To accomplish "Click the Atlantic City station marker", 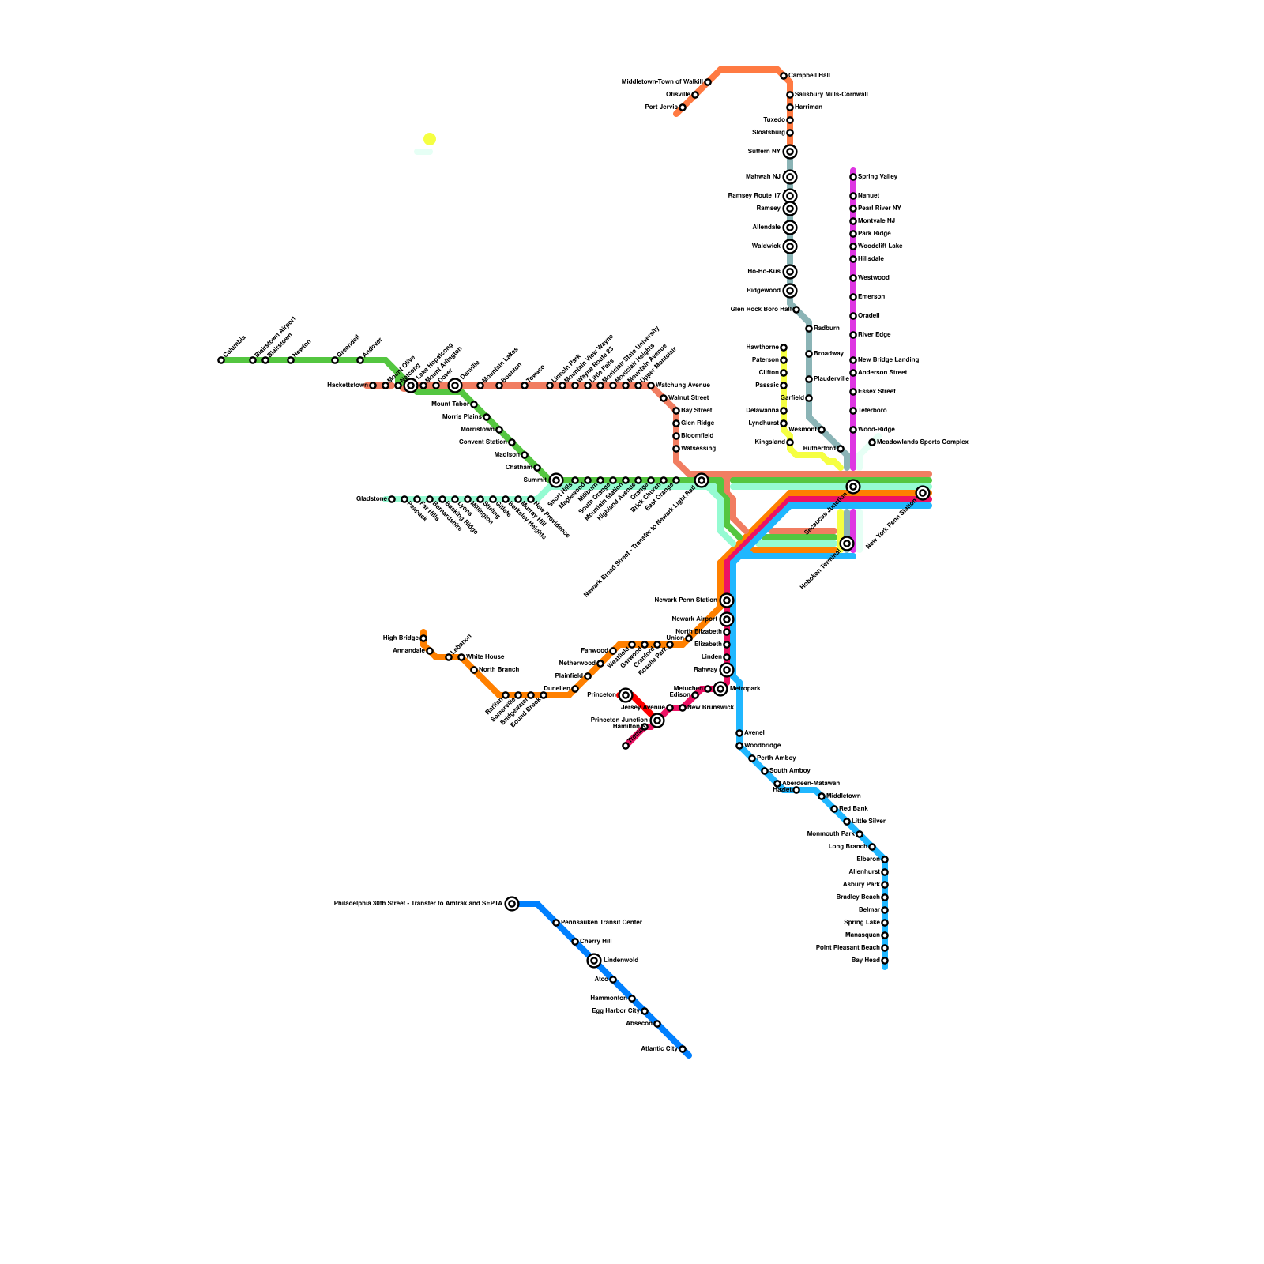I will [683, 1049].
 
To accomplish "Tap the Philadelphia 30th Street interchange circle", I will [512, 904].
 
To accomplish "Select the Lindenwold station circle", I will [594, 961].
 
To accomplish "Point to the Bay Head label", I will [866, 961].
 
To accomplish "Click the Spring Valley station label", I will [878, 177].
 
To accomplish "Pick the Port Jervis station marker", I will [683, 107].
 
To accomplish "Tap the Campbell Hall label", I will [809, 76].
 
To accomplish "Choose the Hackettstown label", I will [347, 386].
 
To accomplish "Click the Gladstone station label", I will [370, 499].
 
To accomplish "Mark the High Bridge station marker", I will [423, 638].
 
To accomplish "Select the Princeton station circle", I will [626, 695].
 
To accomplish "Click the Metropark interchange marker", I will [720, 689].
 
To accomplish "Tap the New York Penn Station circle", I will [923, 493].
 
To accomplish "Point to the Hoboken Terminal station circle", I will [847, 544].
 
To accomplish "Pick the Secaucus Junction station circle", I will [853, 487].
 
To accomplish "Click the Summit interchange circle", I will [556, 480].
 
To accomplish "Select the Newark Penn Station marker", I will [727, 600].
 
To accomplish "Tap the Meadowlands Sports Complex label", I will [923, 442].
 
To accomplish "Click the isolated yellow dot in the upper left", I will [430, 139].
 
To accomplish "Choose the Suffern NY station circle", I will [790, 152].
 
